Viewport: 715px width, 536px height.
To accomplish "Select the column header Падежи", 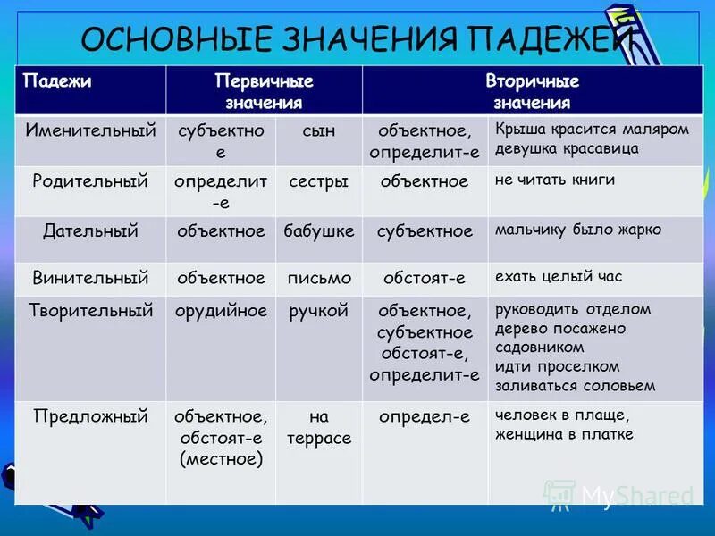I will click(57, 81).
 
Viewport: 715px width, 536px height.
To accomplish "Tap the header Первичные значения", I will click(264, 91).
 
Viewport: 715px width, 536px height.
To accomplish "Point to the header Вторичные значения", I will click(532, 91).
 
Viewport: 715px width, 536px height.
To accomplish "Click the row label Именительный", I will click(90, 130).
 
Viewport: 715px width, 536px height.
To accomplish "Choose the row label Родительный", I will click(90, 181).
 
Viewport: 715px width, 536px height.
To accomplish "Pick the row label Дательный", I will click(90, 230).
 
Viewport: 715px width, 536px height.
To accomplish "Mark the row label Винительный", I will click(90, 278).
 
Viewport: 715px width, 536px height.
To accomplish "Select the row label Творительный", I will click(90, 311).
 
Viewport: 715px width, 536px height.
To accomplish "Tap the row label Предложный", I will click(90, 415).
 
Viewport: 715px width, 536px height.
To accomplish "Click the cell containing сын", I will click(319, 130).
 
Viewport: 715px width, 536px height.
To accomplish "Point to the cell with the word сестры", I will click(319, 181).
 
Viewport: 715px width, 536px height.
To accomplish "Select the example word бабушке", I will click(319, 230).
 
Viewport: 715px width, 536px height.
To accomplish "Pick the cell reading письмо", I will click(319, 278).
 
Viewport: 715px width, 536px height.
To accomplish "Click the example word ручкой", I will click(319, 311).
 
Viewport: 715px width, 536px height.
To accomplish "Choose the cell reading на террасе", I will click(319, 427).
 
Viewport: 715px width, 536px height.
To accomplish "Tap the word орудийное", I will click(222, 311).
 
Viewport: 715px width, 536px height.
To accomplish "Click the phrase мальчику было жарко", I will click(578, 230).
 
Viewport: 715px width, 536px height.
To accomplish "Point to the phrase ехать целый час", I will click(558, 276).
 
